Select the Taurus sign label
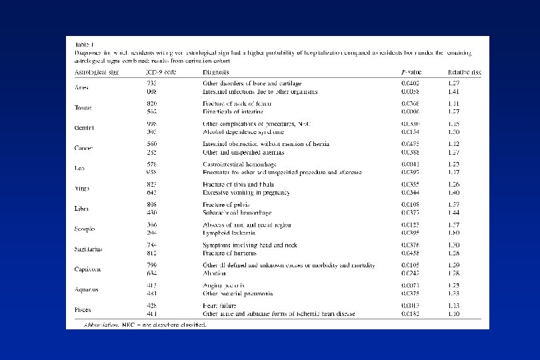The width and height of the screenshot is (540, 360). (x=83, y=107)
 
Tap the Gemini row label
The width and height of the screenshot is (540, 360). (x=83, y=128)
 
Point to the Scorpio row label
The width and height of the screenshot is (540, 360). (x=85, y=229)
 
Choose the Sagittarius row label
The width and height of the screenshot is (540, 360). (x=89, y=249)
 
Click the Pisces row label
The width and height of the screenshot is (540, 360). (x=83, y=310)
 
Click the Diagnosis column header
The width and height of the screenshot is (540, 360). (x=217, y=71)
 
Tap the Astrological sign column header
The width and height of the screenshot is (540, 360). (x=97, y=71)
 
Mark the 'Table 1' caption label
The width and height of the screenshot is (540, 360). (x=85, y=43)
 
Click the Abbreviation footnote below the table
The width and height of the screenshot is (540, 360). (x=141, y=325)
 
